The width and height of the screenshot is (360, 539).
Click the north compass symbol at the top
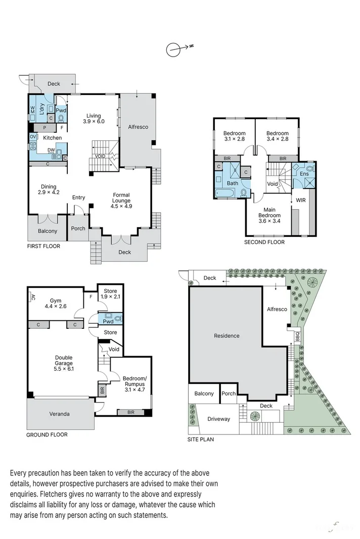click(x=173, y=49)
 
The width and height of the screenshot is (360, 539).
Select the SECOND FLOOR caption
click(x=264, y=242)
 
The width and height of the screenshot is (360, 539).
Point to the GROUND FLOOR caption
click(x=47, y=434)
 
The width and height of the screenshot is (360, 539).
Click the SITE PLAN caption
click(x=201, y=439)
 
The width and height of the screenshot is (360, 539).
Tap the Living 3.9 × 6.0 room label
click(x=94, y=118)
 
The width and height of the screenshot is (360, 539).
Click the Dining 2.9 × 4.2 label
click(x=49, y=189)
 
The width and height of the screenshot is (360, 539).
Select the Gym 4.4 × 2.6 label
click(x=55, y=303)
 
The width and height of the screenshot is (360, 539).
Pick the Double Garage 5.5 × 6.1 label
click(x=64, y=364)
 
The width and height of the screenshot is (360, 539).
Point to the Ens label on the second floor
click(x=304, y=174)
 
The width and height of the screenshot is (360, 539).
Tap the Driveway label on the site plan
click(x=219, y=419)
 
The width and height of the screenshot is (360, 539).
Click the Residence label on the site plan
click(x=227, y=336)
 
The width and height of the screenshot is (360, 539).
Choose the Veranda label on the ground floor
click(x=60, y=414)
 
